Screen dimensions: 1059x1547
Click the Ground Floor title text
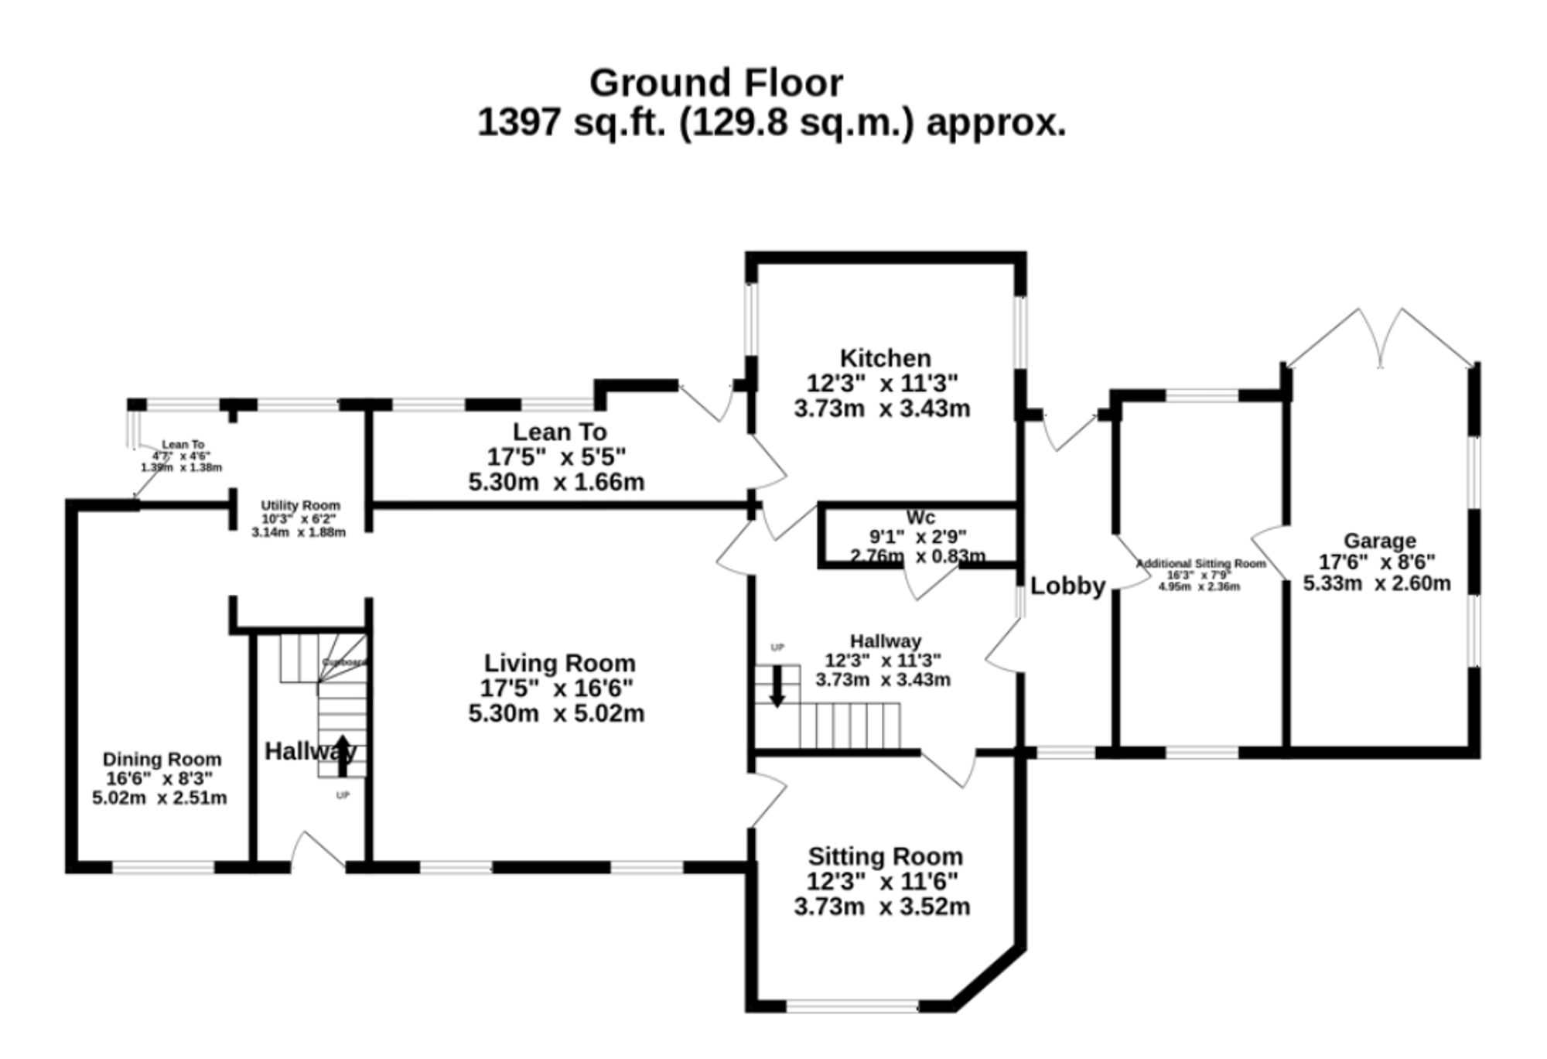(715, 83)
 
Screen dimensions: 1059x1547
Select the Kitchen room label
(885, 358)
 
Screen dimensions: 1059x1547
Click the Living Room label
(559, 663)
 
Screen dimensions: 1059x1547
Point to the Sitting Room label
(885, 856)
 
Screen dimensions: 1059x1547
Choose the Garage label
(1379, 541)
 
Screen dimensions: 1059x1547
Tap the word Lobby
(1067, 586)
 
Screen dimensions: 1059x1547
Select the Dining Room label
(162, 759)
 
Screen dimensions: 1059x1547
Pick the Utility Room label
(300, 505)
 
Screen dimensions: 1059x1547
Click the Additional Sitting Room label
(1200, 563)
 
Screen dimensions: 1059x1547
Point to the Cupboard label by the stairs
(343, 662)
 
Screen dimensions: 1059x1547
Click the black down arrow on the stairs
(777, 686)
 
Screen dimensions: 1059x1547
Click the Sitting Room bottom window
(852, 1006)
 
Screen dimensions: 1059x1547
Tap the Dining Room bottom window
(163, 868)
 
